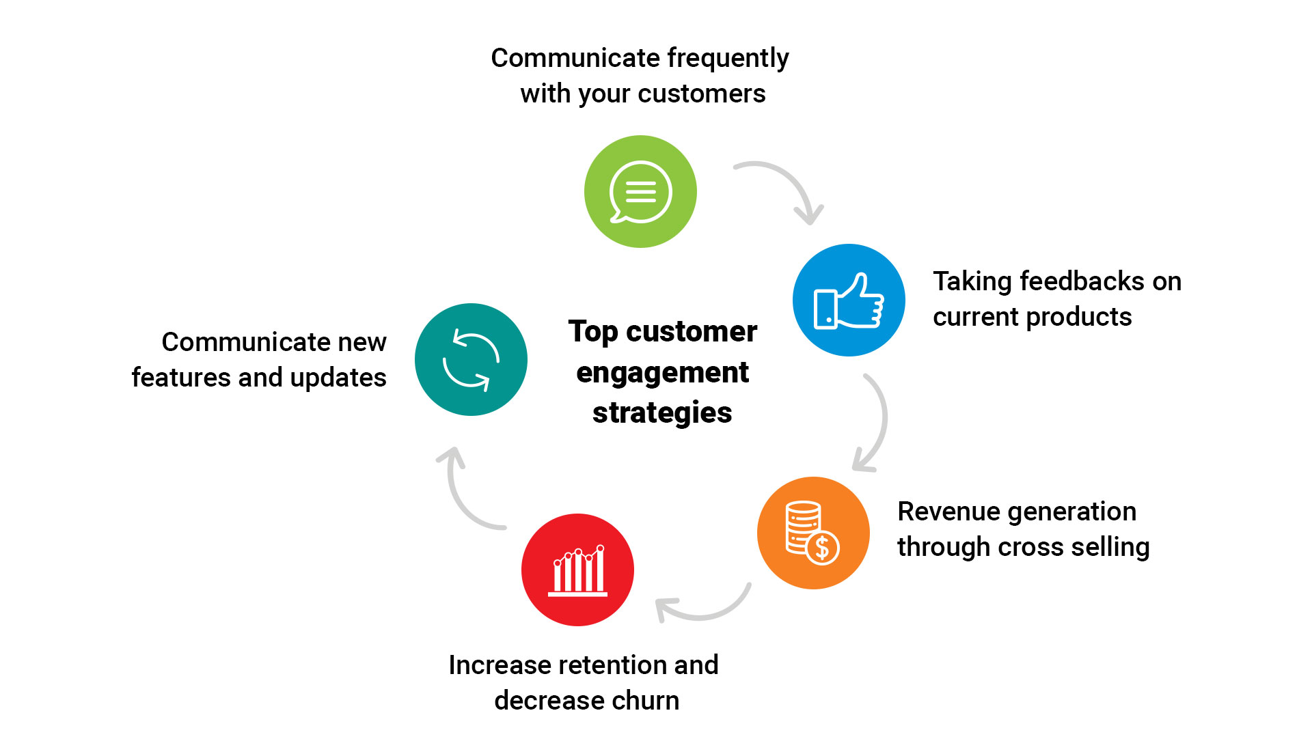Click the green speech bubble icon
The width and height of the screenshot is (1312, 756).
point(640,192)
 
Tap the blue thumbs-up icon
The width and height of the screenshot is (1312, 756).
point(849,300)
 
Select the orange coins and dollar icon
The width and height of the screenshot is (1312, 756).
point(812,533)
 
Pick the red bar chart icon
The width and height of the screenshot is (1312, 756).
point(577,570)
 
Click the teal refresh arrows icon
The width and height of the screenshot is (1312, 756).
point(471,360)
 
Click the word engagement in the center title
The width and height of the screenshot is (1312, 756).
point(662,373)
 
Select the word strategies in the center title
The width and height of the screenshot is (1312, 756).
point(662,413)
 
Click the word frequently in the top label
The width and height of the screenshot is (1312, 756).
point(728,59)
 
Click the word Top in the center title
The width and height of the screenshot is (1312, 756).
point(592,333)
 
